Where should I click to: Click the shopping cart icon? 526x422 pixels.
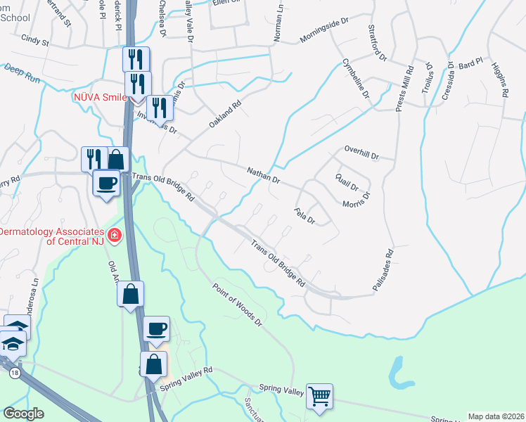pyautogui.click(x=319, y=396)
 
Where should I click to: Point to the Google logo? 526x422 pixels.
pyautogui.click(x=23, y=414)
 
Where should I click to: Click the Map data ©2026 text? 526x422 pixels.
pyautogui.click(x=496, y=416)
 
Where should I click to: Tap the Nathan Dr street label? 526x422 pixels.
pyautogui.click(x=264, y=176)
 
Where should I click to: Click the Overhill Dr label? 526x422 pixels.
pyautogui.click(x=361, y=153)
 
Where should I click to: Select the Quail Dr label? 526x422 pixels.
pyautogui.click(x=347, y=182)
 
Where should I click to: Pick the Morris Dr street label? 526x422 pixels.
pyautogui.click(x=356, y=202)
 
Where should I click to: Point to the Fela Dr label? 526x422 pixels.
pyautogui.click(x=304, y=215)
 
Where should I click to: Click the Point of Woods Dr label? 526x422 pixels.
pyautogui.click(x=237, y=303)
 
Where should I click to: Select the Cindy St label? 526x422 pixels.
pyautogui.click(x=35, y=41)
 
